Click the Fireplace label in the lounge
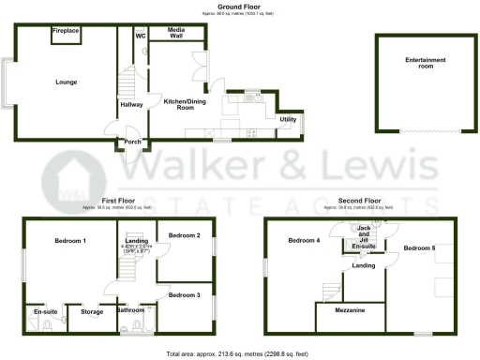coord(66,31)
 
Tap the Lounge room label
coord(66,82)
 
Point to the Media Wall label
coord(176,35)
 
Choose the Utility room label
coord(288,120)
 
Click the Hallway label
coord(131,105)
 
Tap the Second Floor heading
coord(360,200)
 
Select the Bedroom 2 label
coord(185,234)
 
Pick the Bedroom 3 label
coord(185,295)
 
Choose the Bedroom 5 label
coord(419,247)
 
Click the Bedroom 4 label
coord(304,241)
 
